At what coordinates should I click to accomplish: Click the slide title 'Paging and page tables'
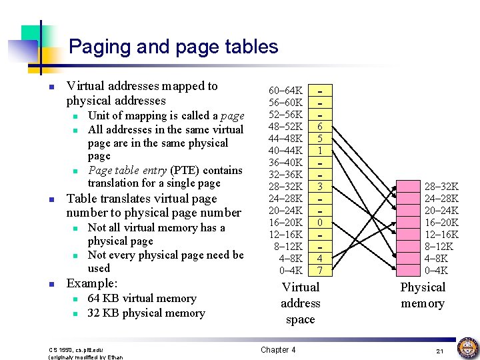click(173, 47)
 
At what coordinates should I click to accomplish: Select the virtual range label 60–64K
click(286, 90)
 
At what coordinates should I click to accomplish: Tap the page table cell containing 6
click(321, 127)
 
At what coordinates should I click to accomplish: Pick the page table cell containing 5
click(321, 139)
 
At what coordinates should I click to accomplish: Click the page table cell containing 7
click(321, 270)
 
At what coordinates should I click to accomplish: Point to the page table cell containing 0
click(321, 222)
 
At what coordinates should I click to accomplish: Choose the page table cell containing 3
click(321, 186)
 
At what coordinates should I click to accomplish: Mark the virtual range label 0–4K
click(291, 270)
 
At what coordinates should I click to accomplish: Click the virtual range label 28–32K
click(286, 186)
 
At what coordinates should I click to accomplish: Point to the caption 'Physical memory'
click(423, 295)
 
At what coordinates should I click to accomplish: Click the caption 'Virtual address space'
click(301, 303)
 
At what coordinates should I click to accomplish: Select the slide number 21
click(439, 351)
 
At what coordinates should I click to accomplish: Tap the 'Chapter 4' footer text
click(278, 350)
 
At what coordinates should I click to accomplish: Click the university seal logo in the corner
click(467, 348)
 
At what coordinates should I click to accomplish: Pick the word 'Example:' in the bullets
click(92, 283)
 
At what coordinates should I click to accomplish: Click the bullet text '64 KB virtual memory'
click(142, 299)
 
